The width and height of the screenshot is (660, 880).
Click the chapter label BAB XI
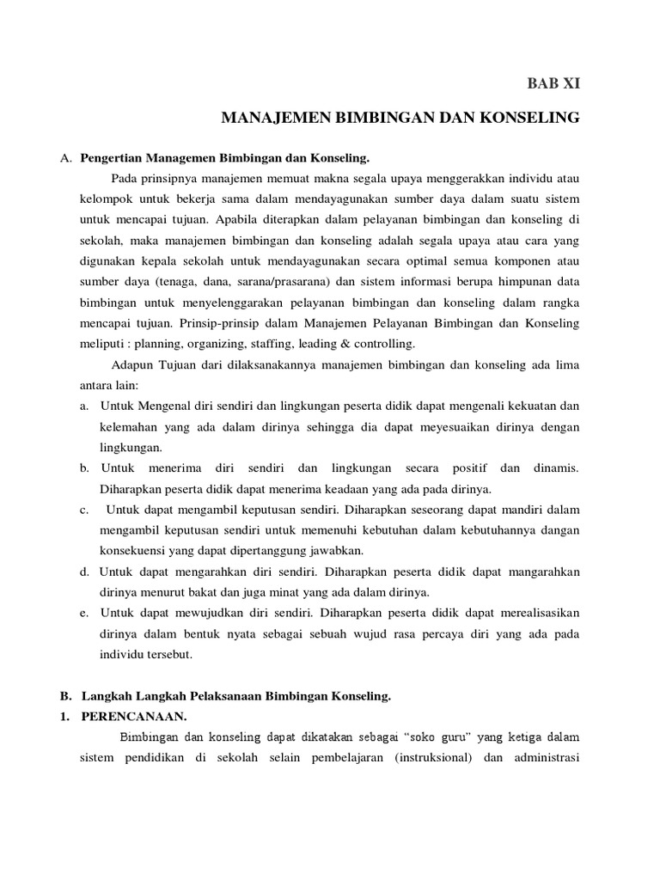[x=553, y=83]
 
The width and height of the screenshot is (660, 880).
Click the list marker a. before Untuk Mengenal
[x=84, y=406]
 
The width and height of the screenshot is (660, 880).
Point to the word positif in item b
[x=467, y=467]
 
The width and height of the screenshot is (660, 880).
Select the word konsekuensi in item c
[x=136, y=550]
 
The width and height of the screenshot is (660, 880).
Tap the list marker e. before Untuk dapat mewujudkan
[x=84, y=612]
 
